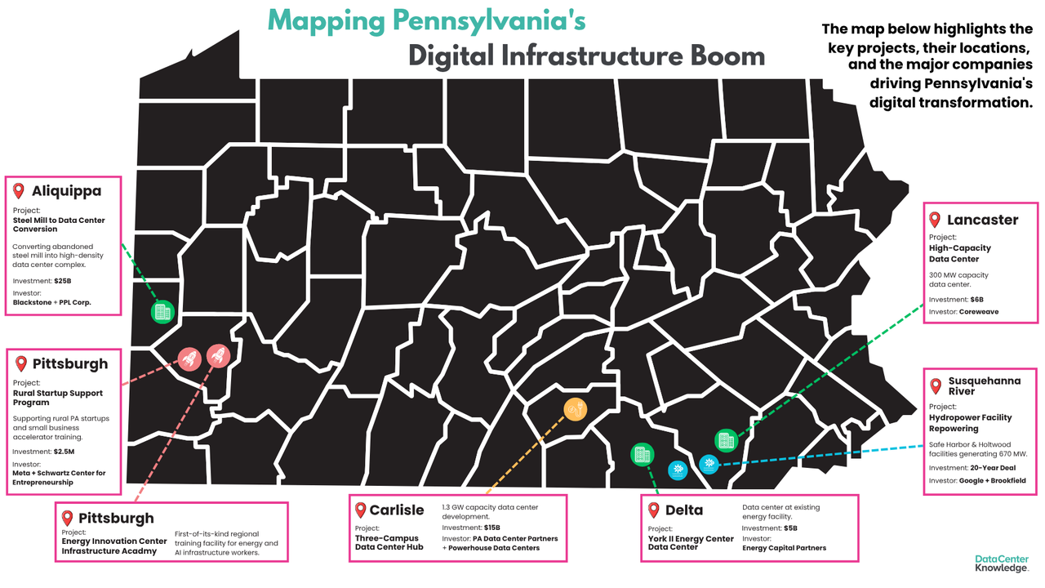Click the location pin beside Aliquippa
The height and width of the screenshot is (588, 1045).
tap(19, 191)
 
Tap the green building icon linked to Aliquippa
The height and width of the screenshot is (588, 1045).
tap(162, 311)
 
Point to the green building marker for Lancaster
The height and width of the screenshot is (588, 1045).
tap(725, 440)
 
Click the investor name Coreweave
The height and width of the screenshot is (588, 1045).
tap(979, 311)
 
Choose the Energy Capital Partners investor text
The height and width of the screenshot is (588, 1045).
tap(784, 548)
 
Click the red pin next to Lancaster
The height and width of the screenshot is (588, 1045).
tap(936, 220)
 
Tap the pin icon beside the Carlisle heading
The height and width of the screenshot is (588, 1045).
tap(361, 510)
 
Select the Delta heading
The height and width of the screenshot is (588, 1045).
tap(684, 510)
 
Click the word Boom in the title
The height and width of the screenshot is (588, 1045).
tap(728, 55)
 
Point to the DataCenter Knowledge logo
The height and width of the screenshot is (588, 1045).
tap(1001, 563)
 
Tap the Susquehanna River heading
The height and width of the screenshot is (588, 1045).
tap(983, 385)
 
